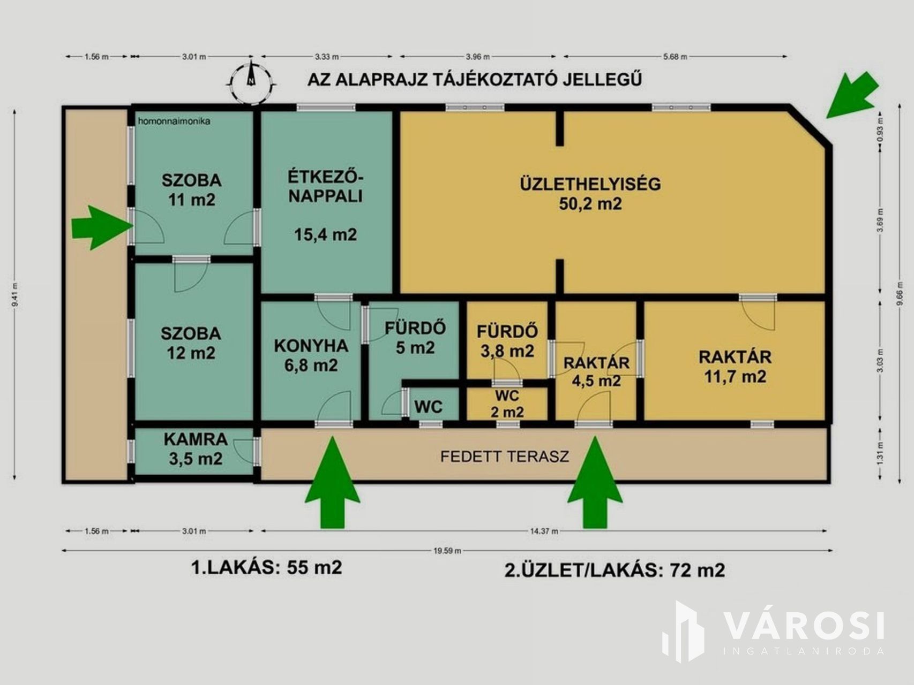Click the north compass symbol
(251, 82)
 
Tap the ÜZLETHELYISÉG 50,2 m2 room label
(590, 193)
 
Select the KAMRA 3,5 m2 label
(196, 449)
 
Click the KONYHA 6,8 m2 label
(311, 355)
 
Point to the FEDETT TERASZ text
(504, 456)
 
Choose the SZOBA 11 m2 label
(192, 189)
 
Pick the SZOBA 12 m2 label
(191, 343)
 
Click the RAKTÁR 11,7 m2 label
(735, 367)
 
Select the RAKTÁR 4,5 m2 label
(596, 371)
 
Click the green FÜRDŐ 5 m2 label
(415, 338)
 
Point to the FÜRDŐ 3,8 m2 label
(507, 341)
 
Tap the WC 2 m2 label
(507, 404)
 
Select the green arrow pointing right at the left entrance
(102, 227)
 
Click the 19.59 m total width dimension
(447, 550)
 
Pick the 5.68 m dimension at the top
(675, 56)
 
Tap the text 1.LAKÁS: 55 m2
(266, 567)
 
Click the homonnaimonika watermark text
(174, 121)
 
